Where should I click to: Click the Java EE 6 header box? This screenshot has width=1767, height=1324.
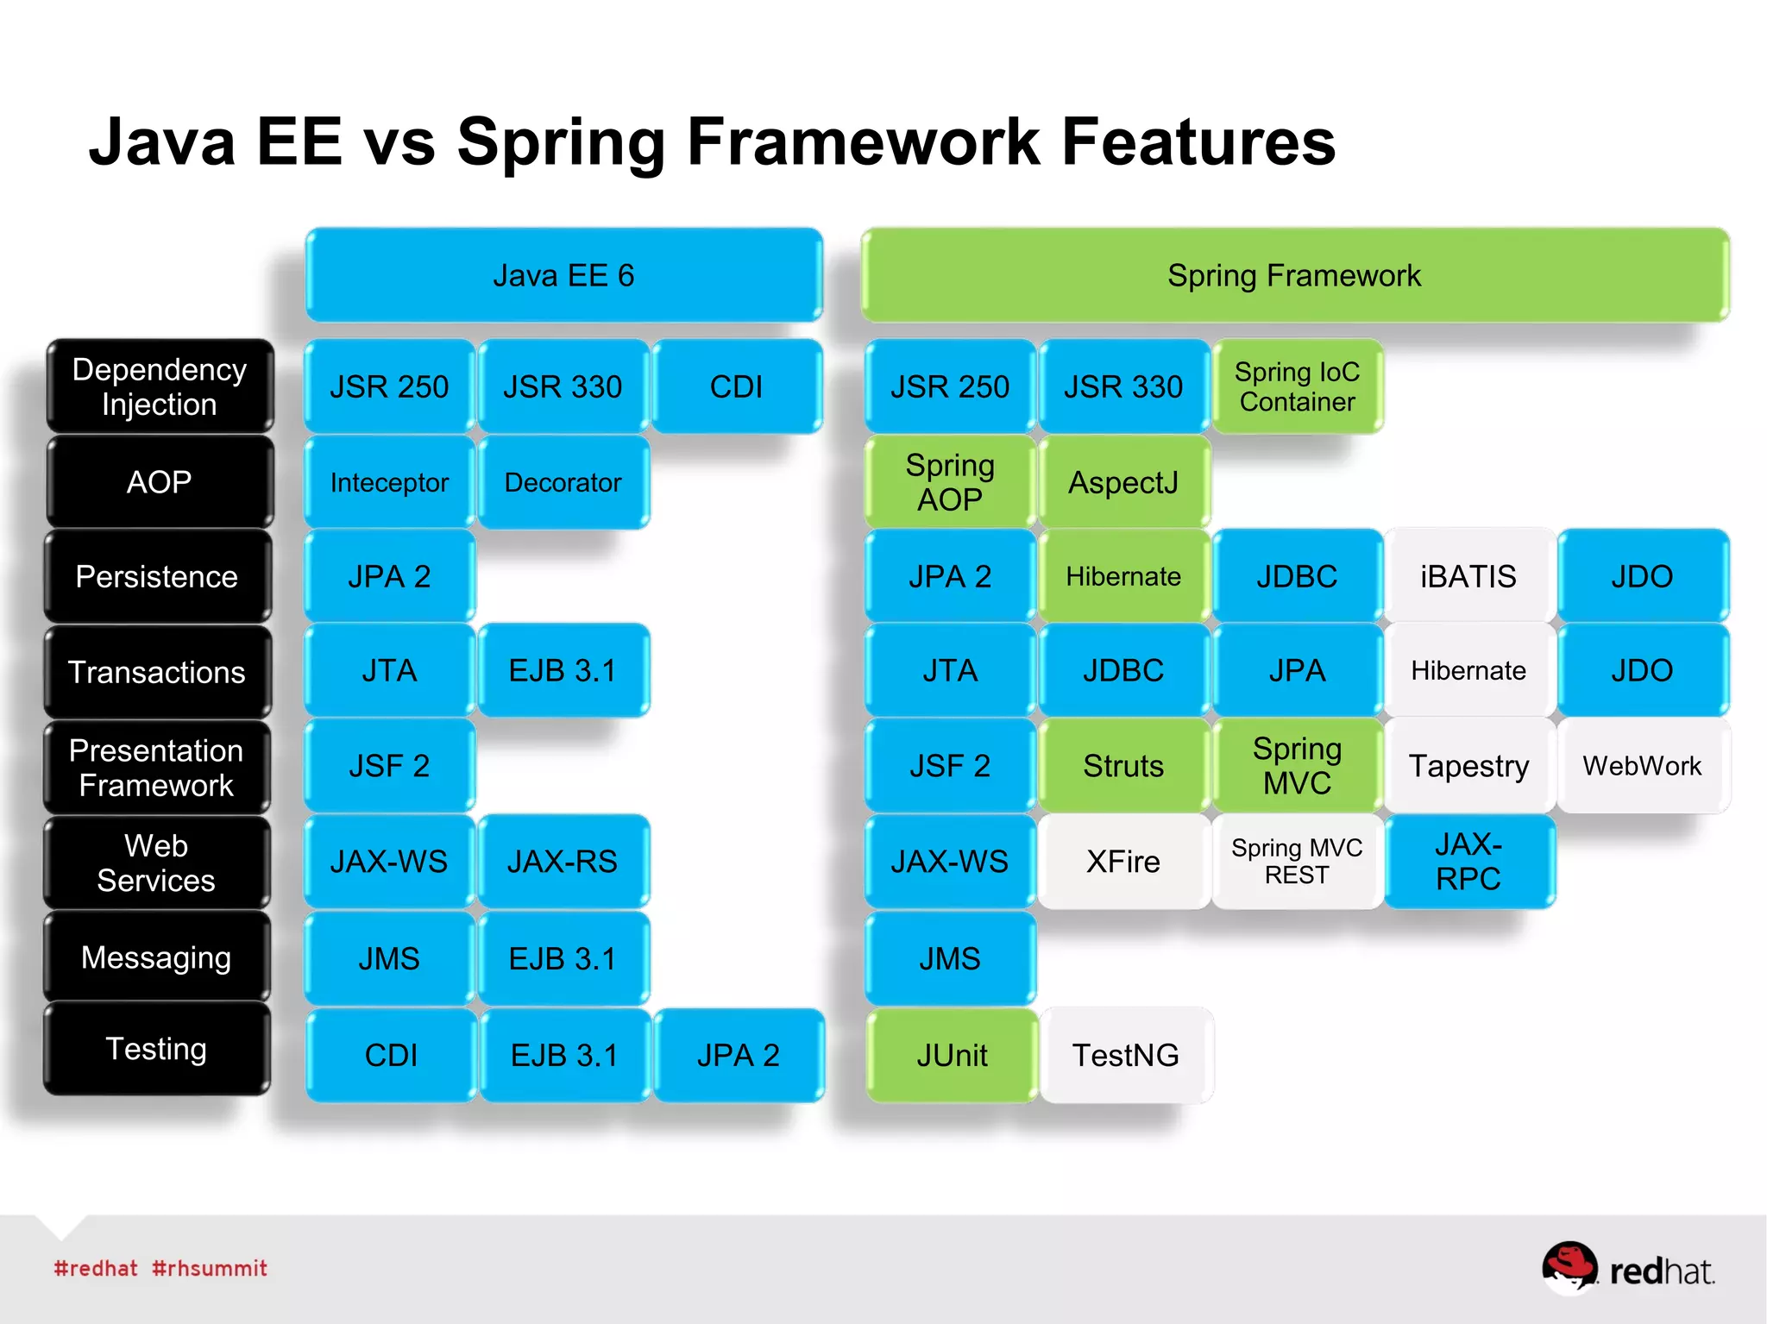point(563,275)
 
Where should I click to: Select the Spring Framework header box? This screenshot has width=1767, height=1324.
point(1294,275)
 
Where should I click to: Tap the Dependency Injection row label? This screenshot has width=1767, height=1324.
point(160,386)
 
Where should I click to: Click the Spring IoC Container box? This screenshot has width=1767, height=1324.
point(1297,386)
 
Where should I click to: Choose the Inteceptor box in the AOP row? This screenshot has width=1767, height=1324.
point(389,482)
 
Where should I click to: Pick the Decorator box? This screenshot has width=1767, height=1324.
point(563,482)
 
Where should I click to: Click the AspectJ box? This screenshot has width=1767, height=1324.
point(1123,482)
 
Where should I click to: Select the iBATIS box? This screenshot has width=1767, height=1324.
point(1468,576)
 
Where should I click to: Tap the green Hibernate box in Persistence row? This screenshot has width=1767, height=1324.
point(1123,576)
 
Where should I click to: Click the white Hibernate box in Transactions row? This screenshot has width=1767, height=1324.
point(1468,670)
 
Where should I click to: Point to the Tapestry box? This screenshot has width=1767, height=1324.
point(1468,765)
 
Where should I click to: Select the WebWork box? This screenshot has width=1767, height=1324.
point(1642,765)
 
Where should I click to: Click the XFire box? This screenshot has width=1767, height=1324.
point(1123,861)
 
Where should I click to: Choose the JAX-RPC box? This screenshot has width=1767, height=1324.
point(1468,861)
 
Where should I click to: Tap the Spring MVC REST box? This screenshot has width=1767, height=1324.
point(1297,861)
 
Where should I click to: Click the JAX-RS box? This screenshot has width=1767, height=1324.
point(563,861)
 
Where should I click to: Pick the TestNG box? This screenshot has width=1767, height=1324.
point(1126,1055)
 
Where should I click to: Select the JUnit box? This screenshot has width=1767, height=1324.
point(952,1055)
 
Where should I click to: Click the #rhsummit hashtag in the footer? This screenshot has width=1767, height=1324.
point(210,1268)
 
